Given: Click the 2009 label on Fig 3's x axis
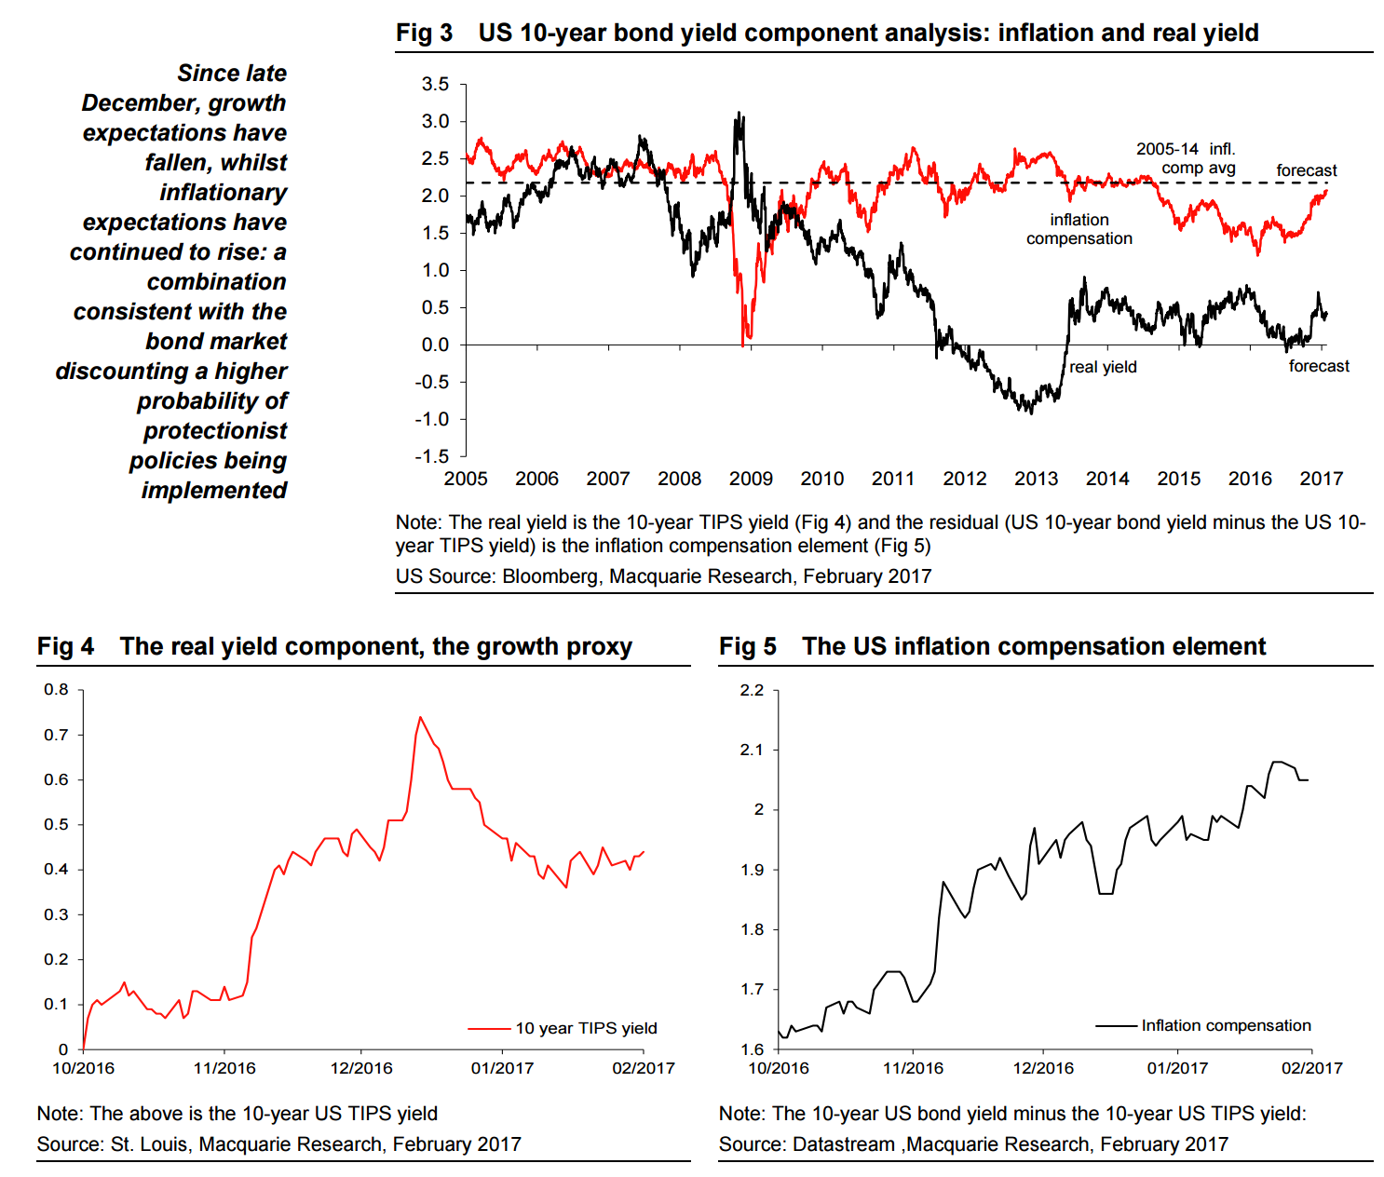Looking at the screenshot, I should click(751, 479).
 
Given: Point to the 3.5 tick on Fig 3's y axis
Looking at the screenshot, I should click(435, 85).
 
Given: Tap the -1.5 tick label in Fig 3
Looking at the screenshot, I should click(432, 456).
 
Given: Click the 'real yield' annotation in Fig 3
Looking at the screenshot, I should click(1103, 367).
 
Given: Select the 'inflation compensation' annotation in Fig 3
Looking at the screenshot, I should click(1079, 229).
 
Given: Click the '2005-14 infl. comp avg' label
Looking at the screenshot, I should click(1186, 158).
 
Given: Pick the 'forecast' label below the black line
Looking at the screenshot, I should click(1319, 366).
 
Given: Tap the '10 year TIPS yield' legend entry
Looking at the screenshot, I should click(586, 1028).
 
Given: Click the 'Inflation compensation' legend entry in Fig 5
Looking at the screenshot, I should click(1226, 1025).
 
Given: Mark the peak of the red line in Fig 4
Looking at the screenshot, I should click(420, 717).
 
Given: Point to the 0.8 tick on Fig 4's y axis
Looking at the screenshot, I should click(57, 690).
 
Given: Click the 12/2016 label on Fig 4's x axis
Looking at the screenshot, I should click(361, 1068).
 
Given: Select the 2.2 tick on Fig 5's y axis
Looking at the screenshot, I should click(752, 690).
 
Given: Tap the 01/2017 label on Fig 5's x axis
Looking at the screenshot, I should click(1177, 1068).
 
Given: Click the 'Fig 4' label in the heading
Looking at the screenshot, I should click(65, 646).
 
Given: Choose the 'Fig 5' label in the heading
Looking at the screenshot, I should click(747, 646).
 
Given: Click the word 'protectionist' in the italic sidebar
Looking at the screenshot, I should click(215, 430).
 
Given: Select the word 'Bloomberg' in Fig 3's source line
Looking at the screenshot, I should click(550, 575).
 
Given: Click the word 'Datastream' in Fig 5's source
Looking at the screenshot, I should click(844, 1143).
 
